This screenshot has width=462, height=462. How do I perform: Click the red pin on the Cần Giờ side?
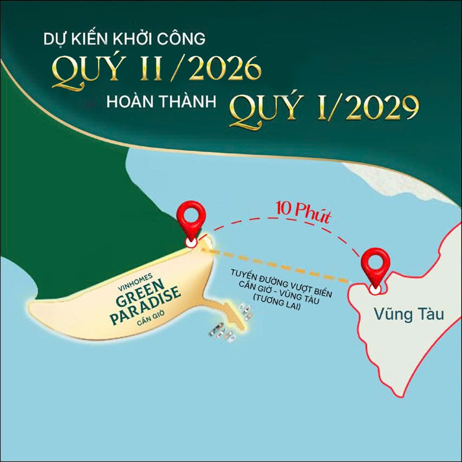click(191, 219)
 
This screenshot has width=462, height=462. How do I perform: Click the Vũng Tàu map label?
click(408, 314)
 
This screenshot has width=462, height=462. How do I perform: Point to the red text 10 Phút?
click(303, 213)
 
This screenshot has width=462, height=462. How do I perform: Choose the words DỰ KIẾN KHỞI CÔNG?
click(124, 40)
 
